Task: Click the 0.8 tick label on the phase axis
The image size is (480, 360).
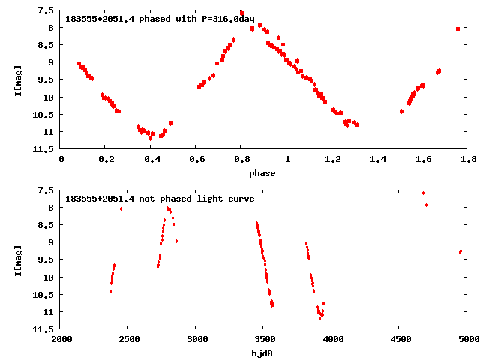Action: (241, 159)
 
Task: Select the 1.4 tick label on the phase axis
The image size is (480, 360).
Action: (377, 159)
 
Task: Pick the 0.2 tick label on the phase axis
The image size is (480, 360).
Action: (106, 159)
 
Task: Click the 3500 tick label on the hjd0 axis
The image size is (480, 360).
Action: (263, 339)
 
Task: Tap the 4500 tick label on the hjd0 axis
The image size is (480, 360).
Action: (399, 339)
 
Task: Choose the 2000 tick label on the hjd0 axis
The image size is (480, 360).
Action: (61, 339)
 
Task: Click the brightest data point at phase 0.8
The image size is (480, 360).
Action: (241, 13)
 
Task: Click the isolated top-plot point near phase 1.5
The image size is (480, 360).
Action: (401, 111)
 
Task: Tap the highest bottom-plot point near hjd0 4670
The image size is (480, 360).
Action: (423, 193)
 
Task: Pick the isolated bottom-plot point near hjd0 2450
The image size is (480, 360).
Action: (121, 208)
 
